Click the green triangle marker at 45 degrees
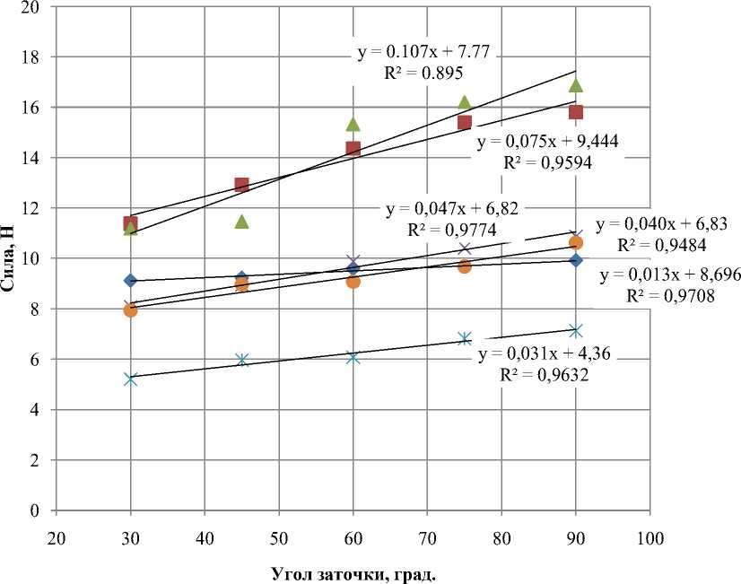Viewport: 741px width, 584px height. click(x=241, y=221)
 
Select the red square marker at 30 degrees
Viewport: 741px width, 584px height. click(x=130, y=223)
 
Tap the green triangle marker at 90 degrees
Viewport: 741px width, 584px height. click(x=576, y=85)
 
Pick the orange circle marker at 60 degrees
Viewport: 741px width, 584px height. click(x=353, y=281)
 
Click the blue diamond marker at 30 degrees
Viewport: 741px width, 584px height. click(x=130, y=281)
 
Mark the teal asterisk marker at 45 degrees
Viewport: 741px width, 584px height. click(x=241, y=360)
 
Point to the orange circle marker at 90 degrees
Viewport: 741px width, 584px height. click(x=576, y=242)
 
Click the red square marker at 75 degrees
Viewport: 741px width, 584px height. click(x=465, y=122)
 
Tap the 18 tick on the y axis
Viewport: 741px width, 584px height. click(x=36, y=57)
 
